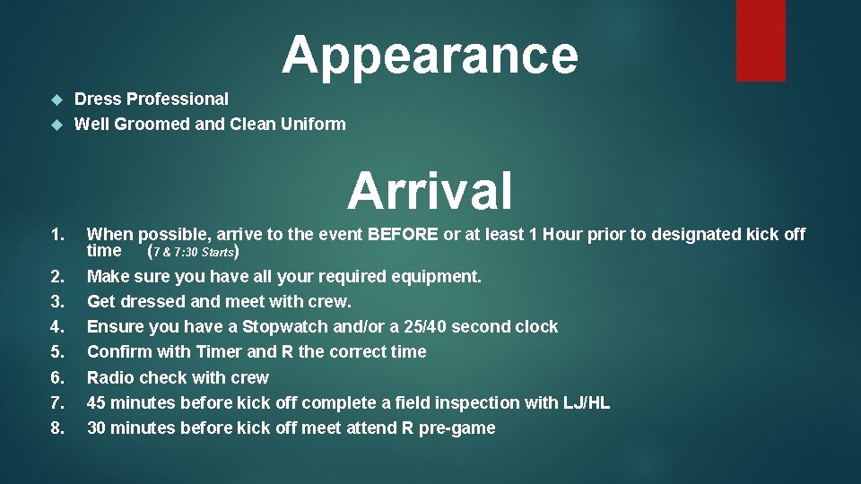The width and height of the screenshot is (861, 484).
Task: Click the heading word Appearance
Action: coord(430,55)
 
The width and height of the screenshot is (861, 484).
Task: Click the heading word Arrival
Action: coord(430,190)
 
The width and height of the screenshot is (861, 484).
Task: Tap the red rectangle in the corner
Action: coord(760,39)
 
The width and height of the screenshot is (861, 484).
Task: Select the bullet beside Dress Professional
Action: coord(57,99)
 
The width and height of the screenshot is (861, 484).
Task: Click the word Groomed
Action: coord(153,125)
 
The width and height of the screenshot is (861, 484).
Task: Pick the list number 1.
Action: coord(57,235)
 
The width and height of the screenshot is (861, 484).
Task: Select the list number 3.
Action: coord(57,301)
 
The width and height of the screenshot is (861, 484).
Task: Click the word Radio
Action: coord(110,377)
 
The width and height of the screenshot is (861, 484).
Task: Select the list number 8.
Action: coord(57,428)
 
